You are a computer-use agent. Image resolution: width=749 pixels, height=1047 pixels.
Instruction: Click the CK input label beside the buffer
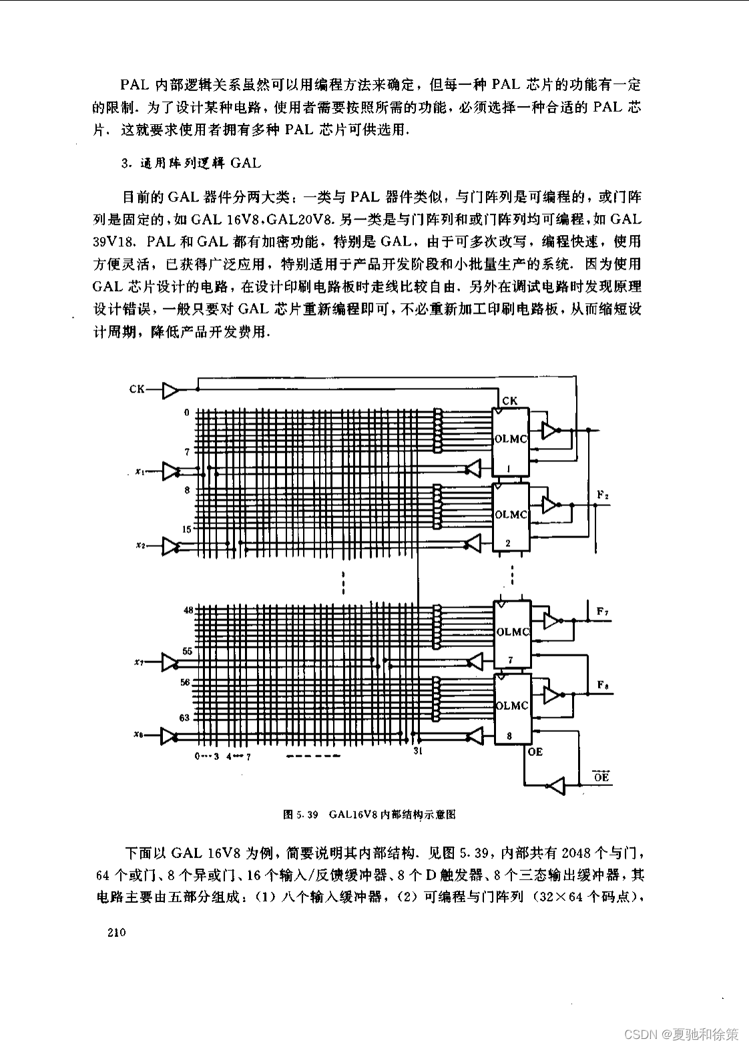point(137,389)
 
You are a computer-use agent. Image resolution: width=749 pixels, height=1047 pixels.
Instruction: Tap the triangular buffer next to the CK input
point(172,389)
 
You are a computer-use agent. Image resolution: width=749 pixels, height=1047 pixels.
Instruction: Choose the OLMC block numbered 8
point(512,708)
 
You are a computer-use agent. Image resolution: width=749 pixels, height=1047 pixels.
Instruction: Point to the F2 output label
point(602,495)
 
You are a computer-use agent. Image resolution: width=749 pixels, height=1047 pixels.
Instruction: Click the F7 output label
point(602,611)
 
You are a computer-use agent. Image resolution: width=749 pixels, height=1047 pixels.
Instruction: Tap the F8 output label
point(602,684)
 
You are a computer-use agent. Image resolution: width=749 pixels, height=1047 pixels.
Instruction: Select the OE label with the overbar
point(601,777)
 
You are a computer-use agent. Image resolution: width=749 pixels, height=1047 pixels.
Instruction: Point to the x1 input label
point(140,471)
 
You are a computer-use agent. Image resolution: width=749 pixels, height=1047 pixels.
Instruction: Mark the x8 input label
point(139,735)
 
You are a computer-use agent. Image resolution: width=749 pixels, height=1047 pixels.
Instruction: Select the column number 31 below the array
point(418,751)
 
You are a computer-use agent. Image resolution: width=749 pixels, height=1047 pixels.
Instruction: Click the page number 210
point(115,933)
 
